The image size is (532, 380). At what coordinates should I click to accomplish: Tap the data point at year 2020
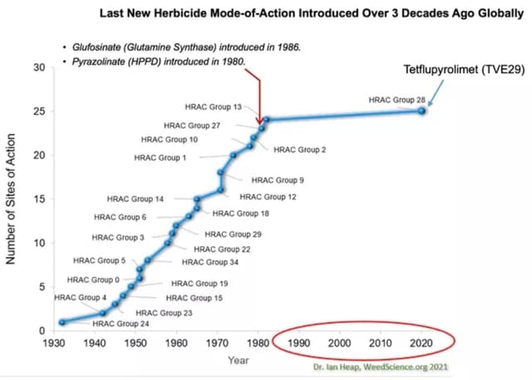pyautogui.click(x=421, y=110)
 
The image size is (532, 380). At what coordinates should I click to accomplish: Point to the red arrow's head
pyautogui.click(x=261, y=122)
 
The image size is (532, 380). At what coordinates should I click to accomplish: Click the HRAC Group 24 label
pyautogui.click(x=120, y=323)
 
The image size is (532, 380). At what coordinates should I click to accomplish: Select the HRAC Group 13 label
pyautogui.click(x=214, y=107)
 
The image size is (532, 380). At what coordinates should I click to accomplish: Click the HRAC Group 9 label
pyautogui.click(x=278, y=180)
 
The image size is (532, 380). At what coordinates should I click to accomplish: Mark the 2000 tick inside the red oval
pyautogui.click(x=339, y=343)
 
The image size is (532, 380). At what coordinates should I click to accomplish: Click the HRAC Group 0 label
pyautogui.click(x=94, y=279)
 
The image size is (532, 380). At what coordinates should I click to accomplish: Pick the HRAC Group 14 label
pyautogui.click(x=135, y=200)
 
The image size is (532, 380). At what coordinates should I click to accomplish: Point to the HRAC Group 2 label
pyautogui.click(x=300, y=150)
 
